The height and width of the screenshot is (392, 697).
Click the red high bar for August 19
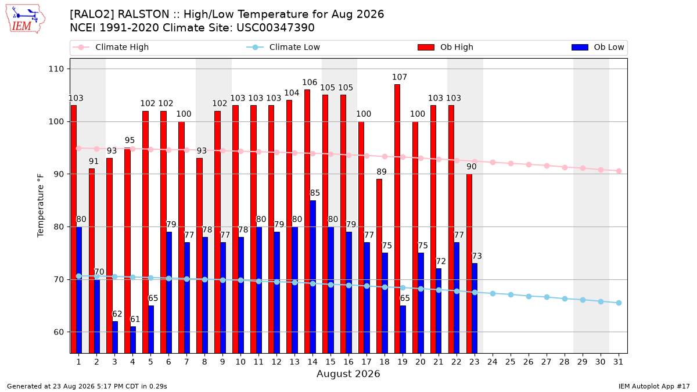397,219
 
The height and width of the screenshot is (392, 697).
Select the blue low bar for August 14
312,277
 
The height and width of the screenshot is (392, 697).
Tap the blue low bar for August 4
133,340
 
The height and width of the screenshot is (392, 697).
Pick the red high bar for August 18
379,266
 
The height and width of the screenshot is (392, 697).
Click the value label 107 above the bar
400,77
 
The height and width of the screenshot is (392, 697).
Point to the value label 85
315,193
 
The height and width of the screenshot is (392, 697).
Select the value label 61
135,319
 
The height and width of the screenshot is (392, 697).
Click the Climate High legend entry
111,47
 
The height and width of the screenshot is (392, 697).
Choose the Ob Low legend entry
598,47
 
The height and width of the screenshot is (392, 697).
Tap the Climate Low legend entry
283,47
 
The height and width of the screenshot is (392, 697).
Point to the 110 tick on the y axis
56,69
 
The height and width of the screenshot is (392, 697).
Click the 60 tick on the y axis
59,332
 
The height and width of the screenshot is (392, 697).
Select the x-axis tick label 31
618,362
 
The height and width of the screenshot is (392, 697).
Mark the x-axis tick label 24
493,362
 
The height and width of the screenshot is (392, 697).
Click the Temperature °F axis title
41,206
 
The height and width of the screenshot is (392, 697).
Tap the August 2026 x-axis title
348,373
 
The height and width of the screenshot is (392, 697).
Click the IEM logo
26,19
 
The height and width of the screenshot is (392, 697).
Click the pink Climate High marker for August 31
619,171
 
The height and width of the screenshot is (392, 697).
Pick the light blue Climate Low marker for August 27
547,297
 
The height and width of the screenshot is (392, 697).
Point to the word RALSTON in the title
143,15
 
